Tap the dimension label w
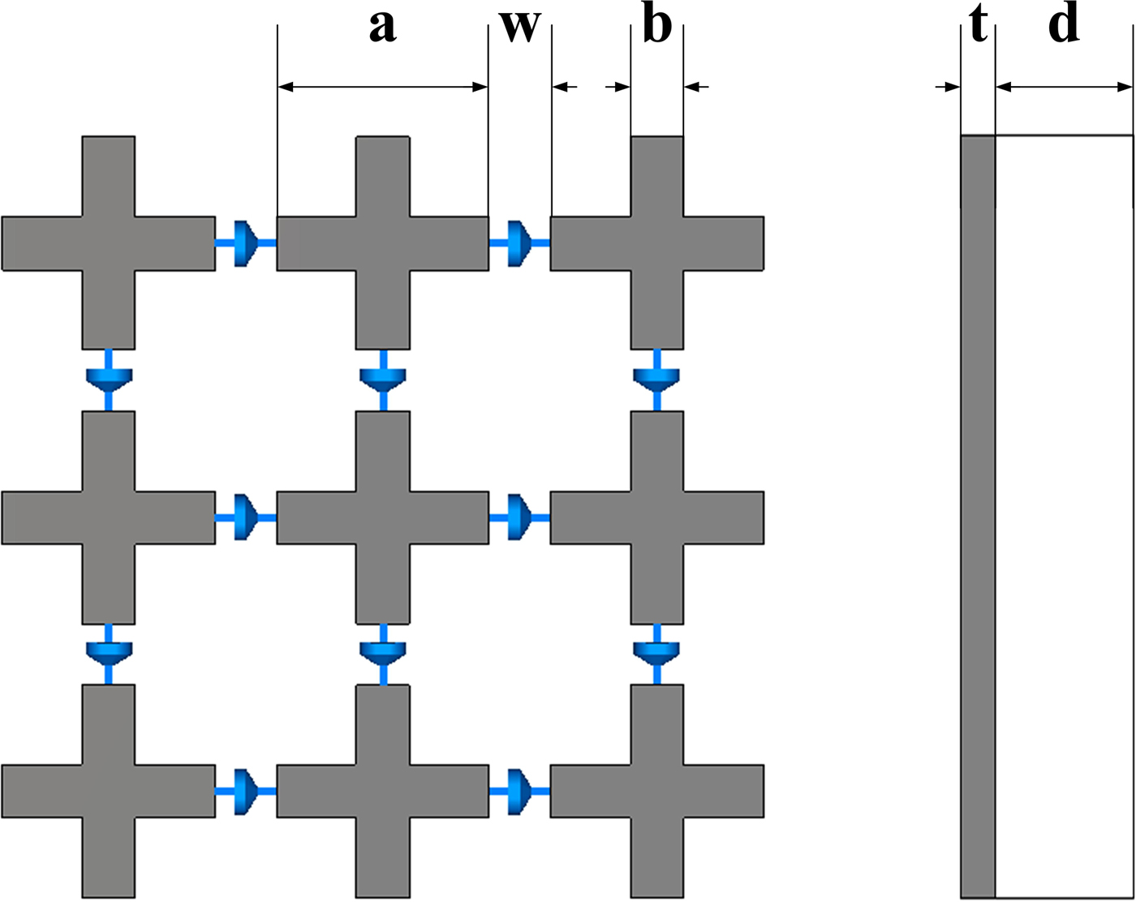click(x=519, y=26)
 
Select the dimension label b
click(x=656, y=26)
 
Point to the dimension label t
click(x=979, y=26)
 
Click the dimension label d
click(x=1064, y=26)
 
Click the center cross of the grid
click(x=383, y=518)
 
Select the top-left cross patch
click(x=109, y=243)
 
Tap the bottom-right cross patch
click(x=657, y=791)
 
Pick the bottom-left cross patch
click(x=109, y=791)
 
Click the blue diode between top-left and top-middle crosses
click(x=245, y=243)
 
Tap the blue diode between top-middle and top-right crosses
click(x=519, y=243)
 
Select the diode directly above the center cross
click(x=383, y=380)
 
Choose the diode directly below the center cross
click(x=383, y=653)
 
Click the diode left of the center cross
click(x=245, y=518)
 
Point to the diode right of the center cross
click(x=519, y=518)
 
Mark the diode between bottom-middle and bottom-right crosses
click(x=519, y=792)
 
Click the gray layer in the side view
click(x=979, y=516)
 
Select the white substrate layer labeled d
click(x=1064, y=516)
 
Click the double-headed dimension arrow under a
click(x=383, y=87)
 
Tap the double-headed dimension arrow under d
click(x=1064, y=88)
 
